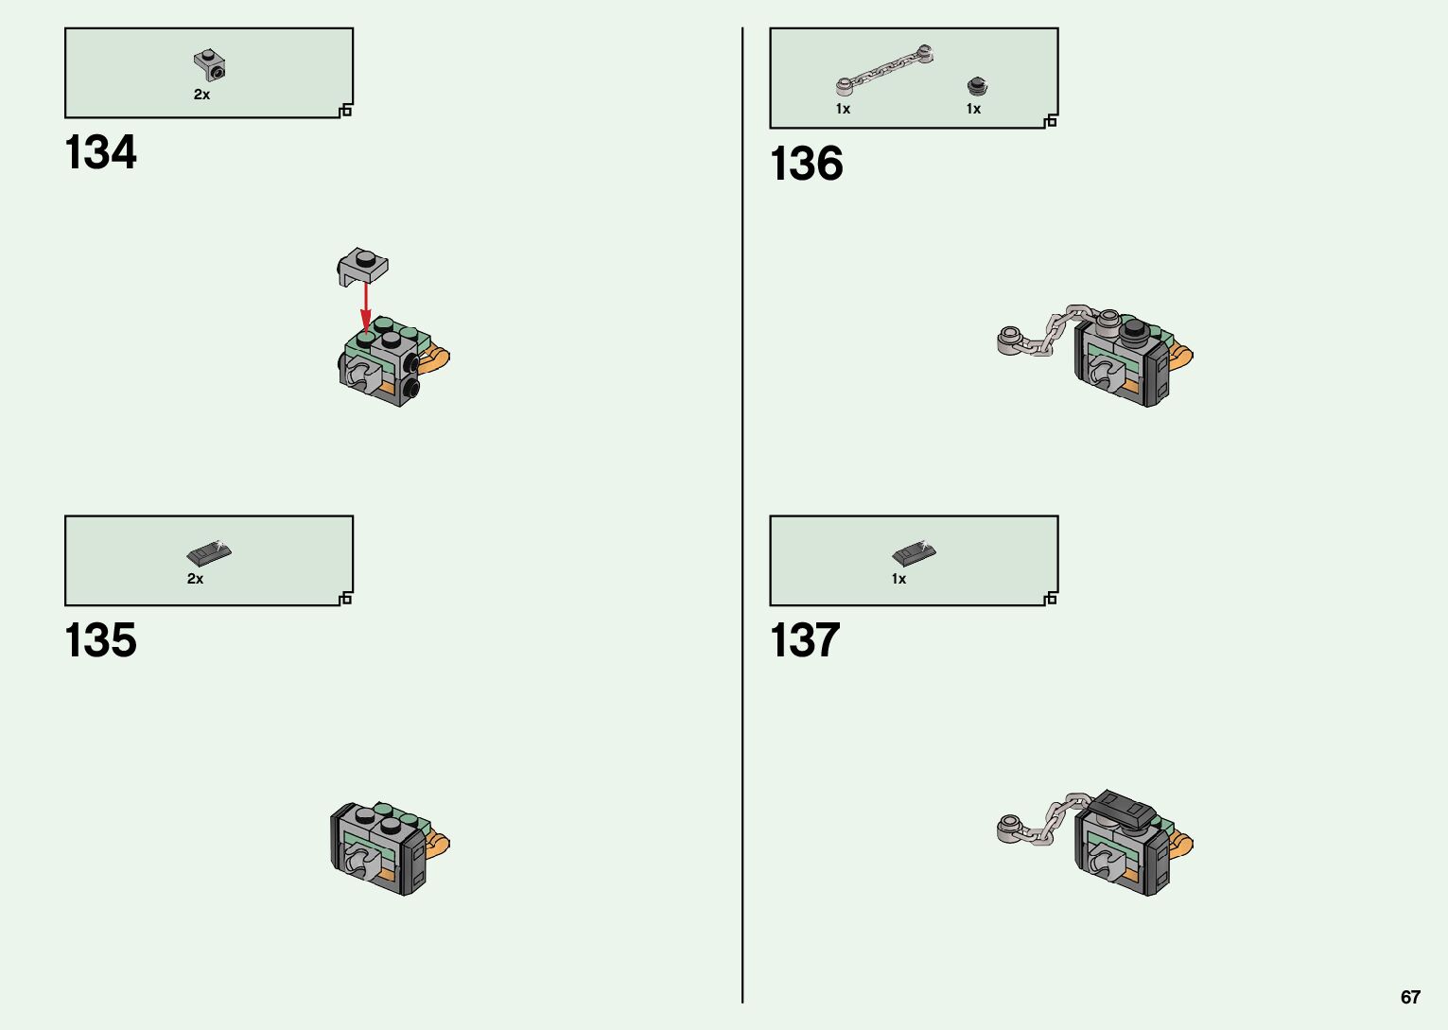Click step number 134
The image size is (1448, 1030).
[100, 152]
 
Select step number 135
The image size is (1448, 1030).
[100, 640]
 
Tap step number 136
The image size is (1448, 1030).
[806, 164]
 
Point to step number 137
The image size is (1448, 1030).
[805, 640]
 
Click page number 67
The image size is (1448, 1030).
[1410, 997]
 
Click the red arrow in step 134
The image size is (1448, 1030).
[365, 306]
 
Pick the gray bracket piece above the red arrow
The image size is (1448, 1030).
[363, 266]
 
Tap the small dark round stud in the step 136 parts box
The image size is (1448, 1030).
[976, 87]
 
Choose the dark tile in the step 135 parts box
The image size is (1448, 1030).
[209, 551]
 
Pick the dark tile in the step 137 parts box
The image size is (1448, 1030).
[914, 551]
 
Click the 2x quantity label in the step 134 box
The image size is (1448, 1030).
[201, 95]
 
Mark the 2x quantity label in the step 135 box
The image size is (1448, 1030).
[195, 579]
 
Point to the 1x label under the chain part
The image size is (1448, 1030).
[843, 109]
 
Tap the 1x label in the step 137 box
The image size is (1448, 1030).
[898, 579]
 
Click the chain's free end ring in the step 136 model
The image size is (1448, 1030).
[1010, 336]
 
